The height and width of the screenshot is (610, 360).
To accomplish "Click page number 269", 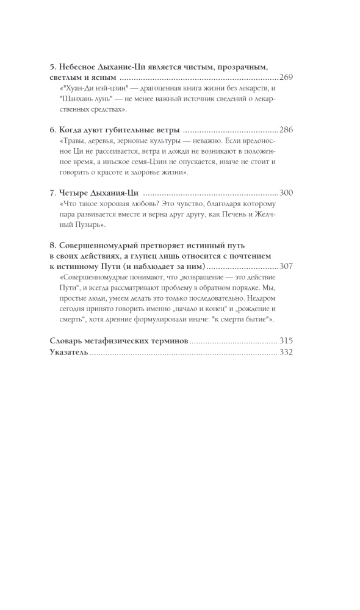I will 286,79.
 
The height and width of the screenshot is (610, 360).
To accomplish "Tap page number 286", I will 286,131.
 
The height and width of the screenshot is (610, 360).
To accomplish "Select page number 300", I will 286,193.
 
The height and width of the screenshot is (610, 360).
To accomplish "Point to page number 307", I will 286,267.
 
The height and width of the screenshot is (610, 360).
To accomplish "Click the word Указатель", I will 68,353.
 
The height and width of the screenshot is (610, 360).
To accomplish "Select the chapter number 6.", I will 51,131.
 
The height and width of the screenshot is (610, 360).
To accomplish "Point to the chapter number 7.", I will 51,193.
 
